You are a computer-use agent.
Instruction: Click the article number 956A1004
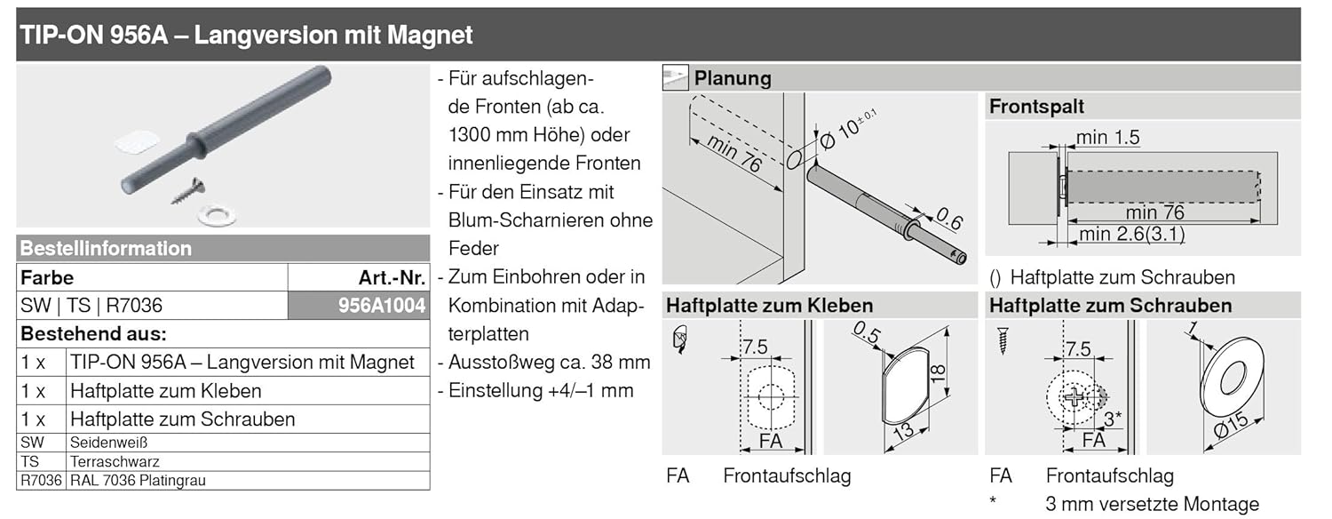[383, 306]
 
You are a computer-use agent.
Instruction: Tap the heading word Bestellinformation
[106, 249]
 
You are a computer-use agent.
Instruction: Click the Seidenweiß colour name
[108, 443]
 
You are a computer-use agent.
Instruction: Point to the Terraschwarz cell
[115, 462]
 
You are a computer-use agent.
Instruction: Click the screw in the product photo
[189, 189]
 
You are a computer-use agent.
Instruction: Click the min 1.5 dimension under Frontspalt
[1107, 138]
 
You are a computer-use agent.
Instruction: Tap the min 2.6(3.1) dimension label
[1132, 235]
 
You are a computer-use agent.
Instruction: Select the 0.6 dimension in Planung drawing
[950, 219]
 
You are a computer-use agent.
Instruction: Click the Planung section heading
[733, 78]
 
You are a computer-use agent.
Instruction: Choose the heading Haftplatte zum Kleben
[770, 306]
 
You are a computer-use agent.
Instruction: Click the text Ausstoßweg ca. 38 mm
[550, 363]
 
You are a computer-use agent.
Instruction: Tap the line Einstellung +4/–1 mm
[541, 391]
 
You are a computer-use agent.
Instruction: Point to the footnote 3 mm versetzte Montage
[1152, 504]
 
